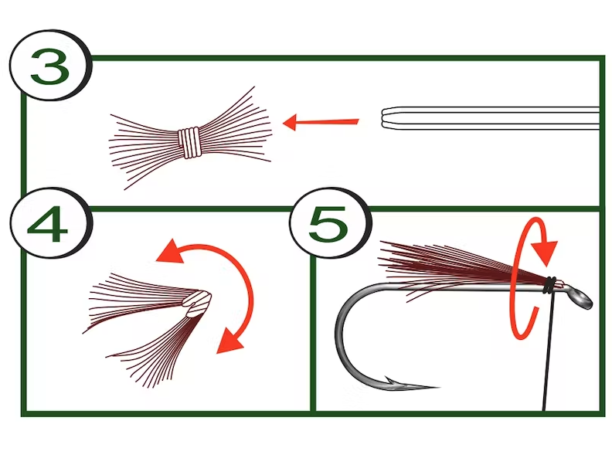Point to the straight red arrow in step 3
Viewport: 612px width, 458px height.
click(x=321, y=121)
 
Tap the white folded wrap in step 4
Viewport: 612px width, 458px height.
click(x=198, y=300)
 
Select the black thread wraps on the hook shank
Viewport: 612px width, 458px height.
click(x=549, y=285)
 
